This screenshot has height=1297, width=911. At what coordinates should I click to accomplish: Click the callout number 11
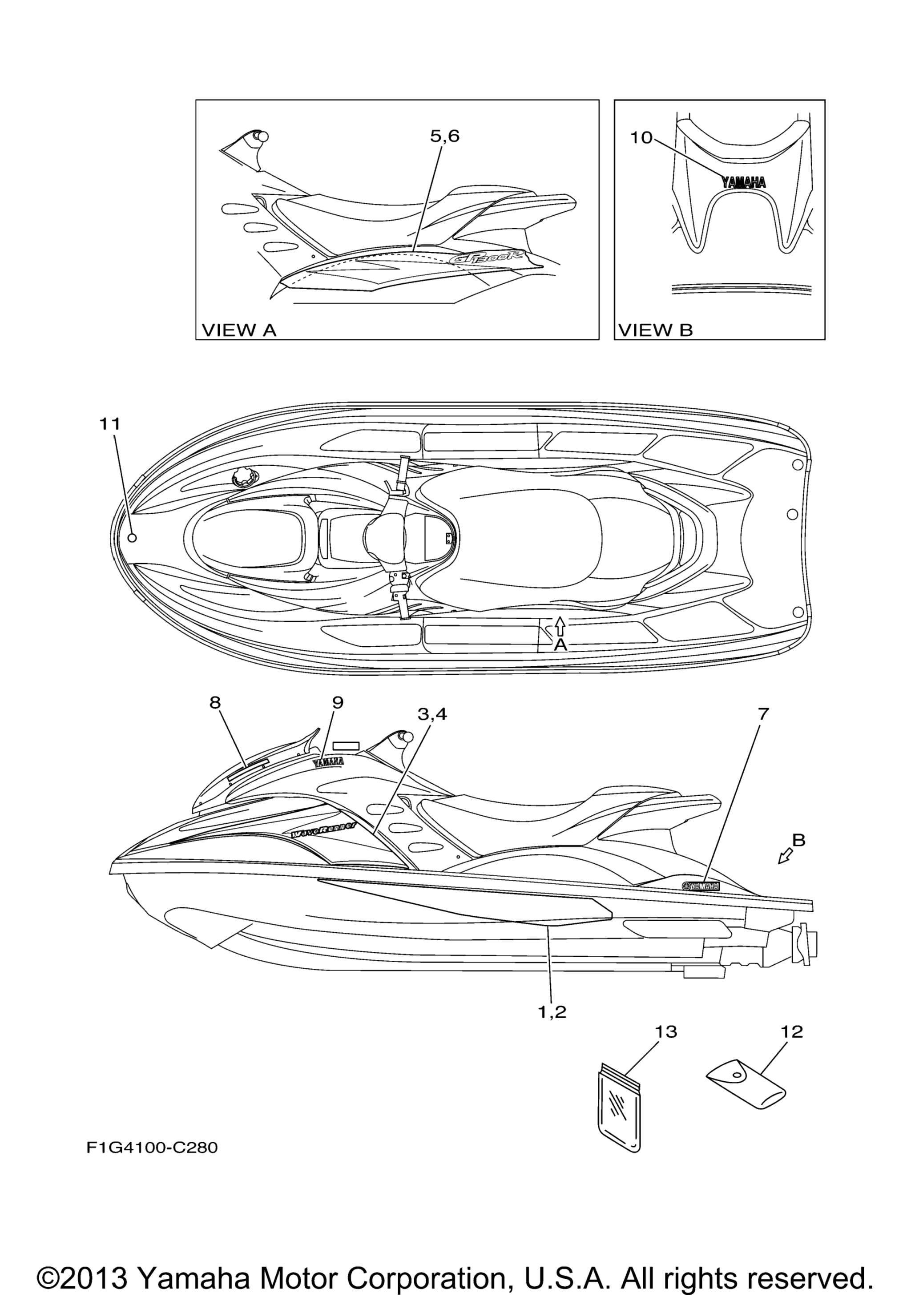coord(110,424)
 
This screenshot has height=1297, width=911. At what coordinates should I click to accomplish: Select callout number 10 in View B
coord(641,137)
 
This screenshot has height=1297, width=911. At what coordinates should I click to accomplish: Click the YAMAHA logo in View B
coord(743,182)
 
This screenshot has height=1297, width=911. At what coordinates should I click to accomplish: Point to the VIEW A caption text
coord(239,330)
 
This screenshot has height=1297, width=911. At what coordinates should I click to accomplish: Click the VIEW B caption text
coord(656,330)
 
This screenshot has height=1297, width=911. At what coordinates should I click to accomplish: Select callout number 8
coord(214,702)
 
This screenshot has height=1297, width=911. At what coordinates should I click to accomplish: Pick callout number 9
coord(337,702)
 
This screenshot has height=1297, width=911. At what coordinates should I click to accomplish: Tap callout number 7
coord(763,714)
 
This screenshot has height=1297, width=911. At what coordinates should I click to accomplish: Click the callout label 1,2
coord(552,1012)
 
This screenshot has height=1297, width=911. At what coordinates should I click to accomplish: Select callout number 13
coord(666,1031)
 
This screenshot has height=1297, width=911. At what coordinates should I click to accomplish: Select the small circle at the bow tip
coord(132,537)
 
